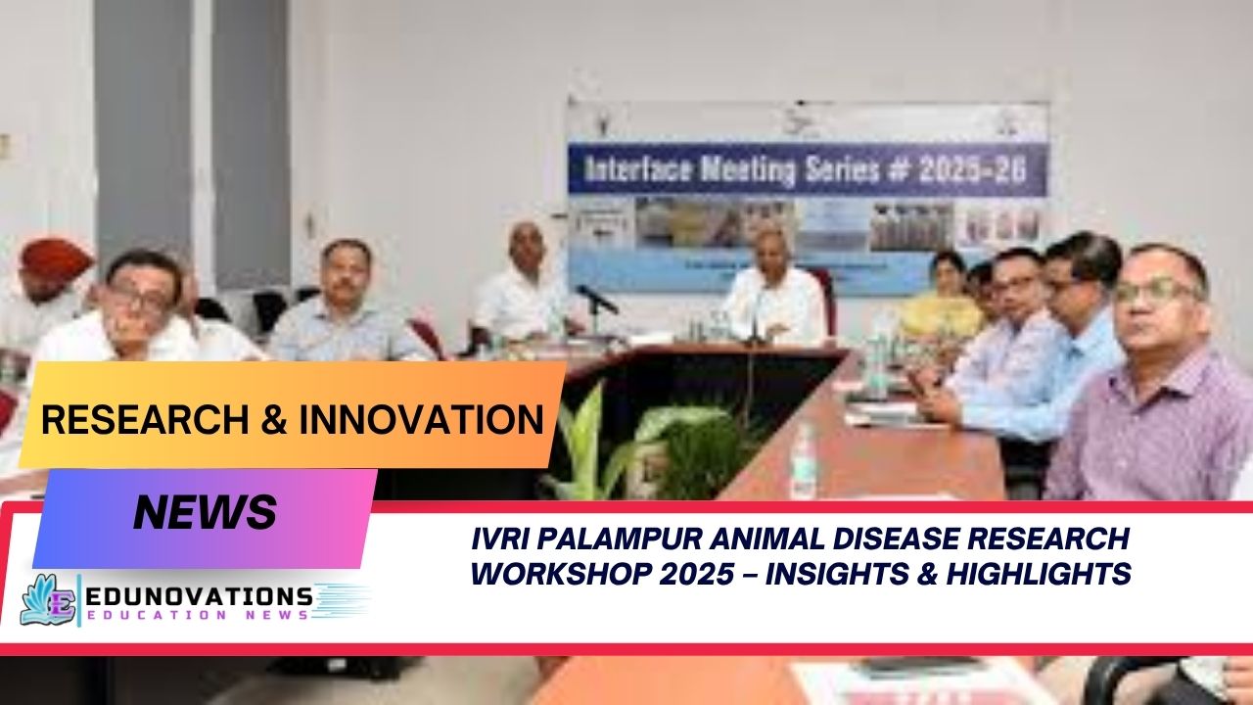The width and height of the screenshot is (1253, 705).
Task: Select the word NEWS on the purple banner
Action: pos(205,512)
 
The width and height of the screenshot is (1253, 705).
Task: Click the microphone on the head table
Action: pos(596,299)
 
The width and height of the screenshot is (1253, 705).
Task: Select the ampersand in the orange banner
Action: pos(273,419)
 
